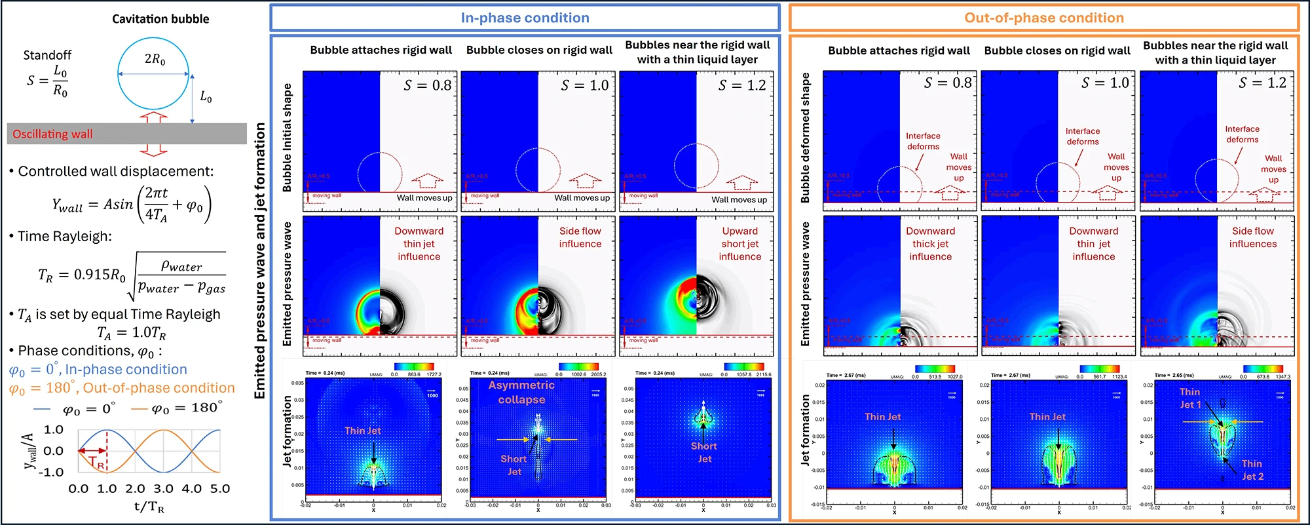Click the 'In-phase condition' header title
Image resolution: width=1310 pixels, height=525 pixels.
pyautogui.click(x=525, y=18)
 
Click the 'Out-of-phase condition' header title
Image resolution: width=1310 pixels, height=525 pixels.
pyautogui.click(x=1043, y=18)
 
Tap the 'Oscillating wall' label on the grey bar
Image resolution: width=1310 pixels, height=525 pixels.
pyautogui.click(x=52, y=134)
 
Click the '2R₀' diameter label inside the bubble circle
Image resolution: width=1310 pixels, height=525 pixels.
pyautogui.click(x=155, y=59)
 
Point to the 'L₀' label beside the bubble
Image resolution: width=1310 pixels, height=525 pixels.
pyautogui.click(x=206, y=97)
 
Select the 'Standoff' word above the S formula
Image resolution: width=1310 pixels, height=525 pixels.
pyautogui.click(x=47, y=55)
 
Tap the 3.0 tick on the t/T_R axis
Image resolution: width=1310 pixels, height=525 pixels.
pyautogui.click(x=163, y=488)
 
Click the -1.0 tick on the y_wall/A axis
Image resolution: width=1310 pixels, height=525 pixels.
pyautogui.click(x=52, y=472)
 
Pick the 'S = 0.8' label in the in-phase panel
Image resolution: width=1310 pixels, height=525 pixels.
pyautogui.click(x=427, y=85)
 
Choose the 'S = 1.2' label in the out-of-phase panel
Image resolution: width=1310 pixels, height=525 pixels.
pyautogui.click(x=1262, y=83)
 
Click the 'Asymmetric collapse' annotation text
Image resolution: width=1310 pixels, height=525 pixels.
pyautogui.click(x=521, y=392)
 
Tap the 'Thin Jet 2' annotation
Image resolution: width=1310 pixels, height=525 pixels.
pyautogui.click(x=1252, y=469)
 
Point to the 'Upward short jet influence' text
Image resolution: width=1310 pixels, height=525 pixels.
pyautogui.click(x=740, y=243)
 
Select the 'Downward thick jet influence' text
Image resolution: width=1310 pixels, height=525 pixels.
pyautogui.click(x=930, y=243)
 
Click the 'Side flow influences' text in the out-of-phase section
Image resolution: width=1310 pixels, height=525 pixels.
pyautogui.click(x=1252, y=237)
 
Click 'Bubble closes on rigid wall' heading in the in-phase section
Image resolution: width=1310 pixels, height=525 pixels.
pyautogui.click(x=539, y=50)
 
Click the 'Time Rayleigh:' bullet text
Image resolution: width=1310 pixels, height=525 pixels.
pyautogui.click(x=64, y=236)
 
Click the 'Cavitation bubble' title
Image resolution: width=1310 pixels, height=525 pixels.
pyautogui.click(x=160, y=19)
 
